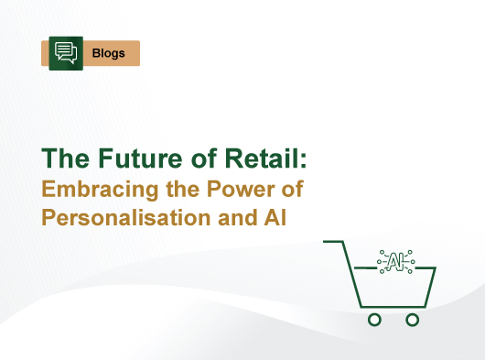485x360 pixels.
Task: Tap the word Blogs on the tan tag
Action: coord(109,53)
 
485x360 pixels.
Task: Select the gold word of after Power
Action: coord(288,191)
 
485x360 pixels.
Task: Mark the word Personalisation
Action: coord(127,221)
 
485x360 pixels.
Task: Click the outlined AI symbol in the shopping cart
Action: coord(395,262)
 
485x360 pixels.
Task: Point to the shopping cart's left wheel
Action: coord(373,319)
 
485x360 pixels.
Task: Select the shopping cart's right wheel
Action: coord(412,319)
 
